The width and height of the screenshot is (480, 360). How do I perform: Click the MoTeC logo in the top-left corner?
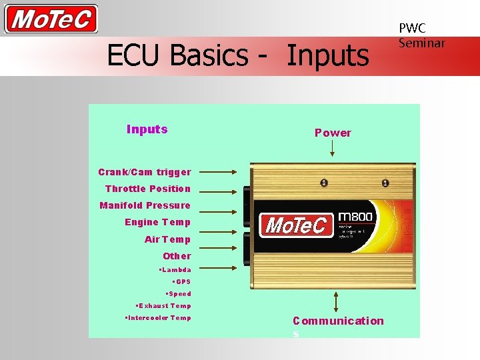click(51, 19)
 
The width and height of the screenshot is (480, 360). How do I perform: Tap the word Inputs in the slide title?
click(327, 55)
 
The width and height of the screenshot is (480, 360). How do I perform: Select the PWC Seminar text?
click(421, 35)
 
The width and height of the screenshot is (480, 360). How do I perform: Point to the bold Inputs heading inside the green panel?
click(147, 129)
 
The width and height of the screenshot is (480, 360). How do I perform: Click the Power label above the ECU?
click(333, 133)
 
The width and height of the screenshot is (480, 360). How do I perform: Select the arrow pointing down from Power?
click(333, 149)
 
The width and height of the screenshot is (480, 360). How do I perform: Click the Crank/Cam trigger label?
click(145, 172)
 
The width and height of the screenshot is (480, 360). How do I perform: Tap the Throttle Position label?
click(148, 189)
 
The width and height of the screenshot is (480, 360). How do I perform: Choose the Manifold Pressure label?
click(145, 205)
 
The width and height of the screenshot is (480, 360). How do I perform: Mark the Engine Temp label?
click(157, 222)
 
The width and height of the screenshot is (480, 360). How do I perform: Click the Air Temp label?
click(167, 239)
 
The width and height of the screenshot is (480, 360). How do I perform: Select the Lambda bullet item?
click(175, 270)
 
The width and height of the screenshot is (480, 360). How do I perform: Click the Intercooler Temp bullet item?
click(158, 318)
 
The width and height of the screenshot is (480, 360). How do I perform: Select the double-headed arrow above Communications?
click(335, 302)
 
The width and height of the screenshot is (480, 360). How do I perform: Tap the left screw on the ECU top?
click(323, 183)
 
